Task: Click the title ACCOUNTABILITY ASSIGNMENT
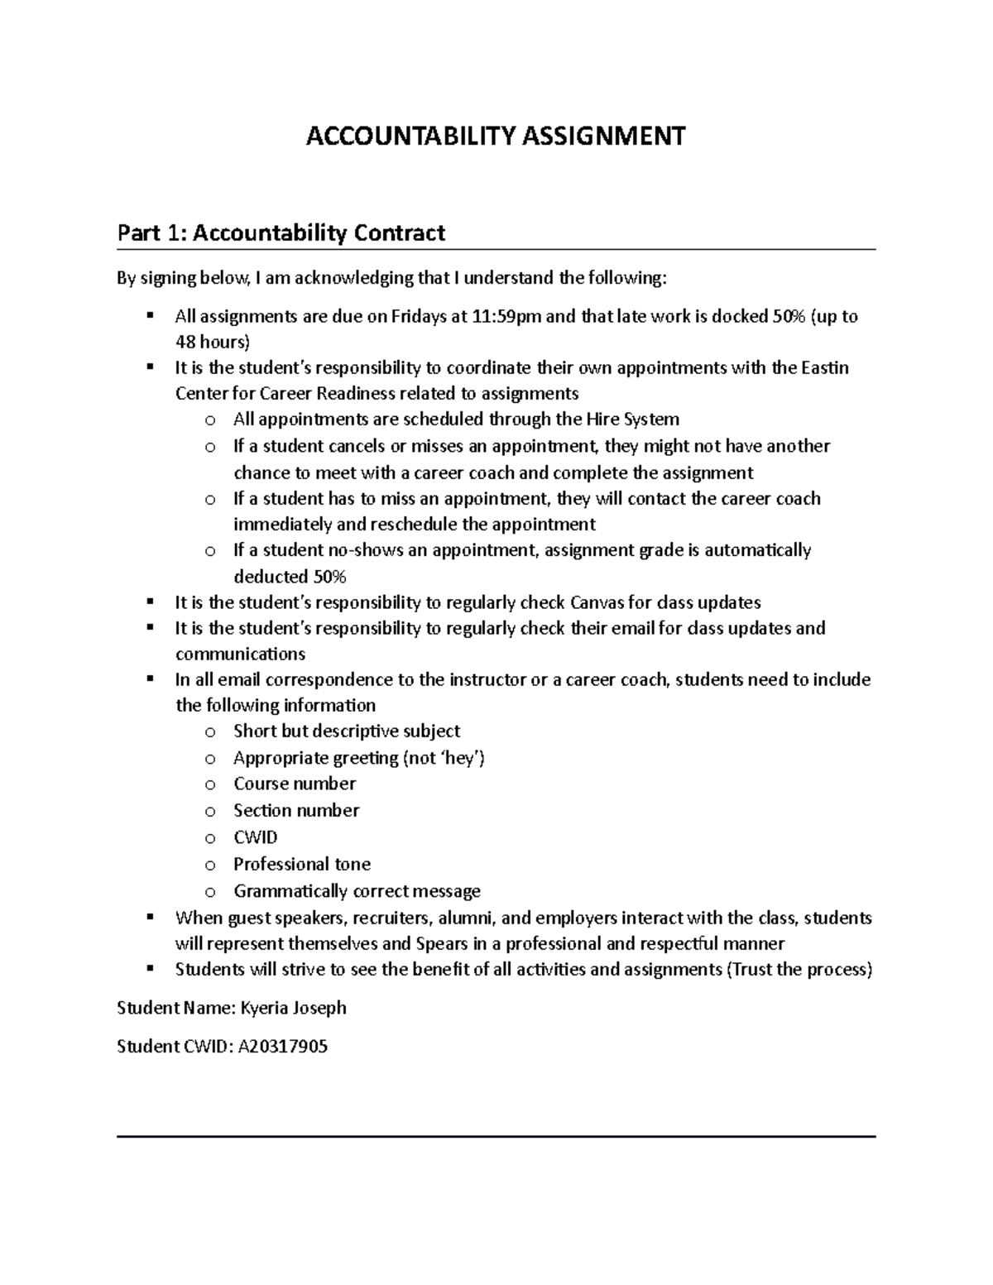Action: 496,135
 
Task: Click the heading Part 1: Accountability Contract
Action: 281,233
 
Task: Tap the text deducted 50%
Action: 290,577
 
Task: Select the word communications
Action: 240,654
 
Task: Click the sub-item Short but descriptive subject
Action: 347,731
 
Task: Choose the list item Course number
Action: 295,784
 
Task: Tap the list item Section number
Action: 296,810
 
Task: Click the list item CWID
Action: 255,837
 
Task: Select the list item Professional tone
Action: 302,864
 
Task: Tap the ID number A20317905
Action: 282,1047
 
